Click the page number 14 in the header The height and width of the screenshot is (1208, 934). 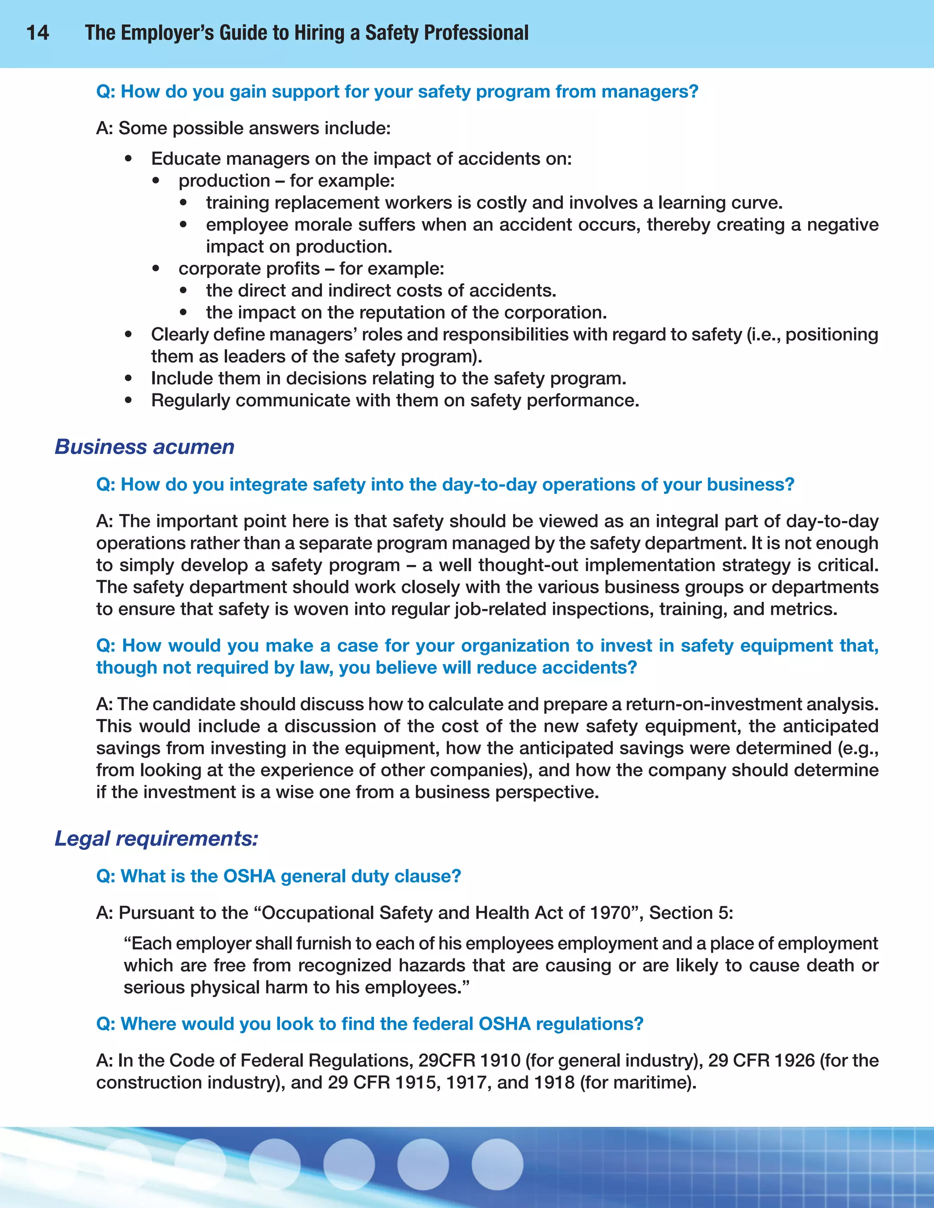[38, 33]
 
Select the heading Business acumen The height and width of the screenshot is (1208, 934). [145, 447]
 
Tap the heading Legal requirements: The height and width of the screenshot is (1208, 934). [156, 838]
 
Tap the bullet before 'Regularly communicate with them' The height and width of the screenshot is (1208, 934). [128, 400]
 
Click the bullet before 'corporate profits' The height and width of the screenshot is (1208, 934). [156, 269]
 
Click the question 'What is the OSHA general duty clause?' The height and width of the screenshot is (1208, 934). [278, 876]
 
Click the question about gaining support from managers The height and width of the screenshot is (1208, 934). [397, 91]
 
